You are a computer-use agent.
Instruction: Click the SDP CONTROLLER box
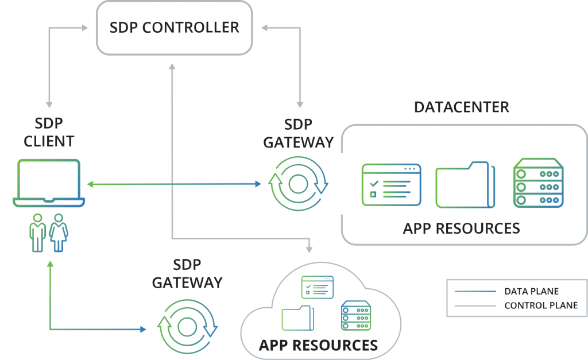point(174,28)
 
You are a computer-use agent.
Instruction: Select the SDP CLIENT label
point(49,133)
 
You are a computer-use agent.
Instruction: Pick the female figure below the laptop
point(58,233)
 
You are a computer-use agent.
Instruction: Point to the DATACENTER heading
point(462,107)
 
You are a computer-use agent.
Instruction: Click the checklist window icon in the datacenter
point(391,184)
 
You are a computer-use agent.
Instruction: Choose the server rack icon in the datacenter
point(537,184)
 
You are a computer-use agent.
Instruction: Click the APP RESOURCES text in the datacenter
point(462,228)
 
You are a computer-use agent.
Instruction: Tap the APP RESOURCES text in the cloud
point(318,345)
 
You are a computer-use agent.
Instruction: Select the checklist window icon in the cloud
point(318,287)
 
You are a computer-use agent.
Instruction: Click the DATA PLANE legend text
point(531,291)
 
